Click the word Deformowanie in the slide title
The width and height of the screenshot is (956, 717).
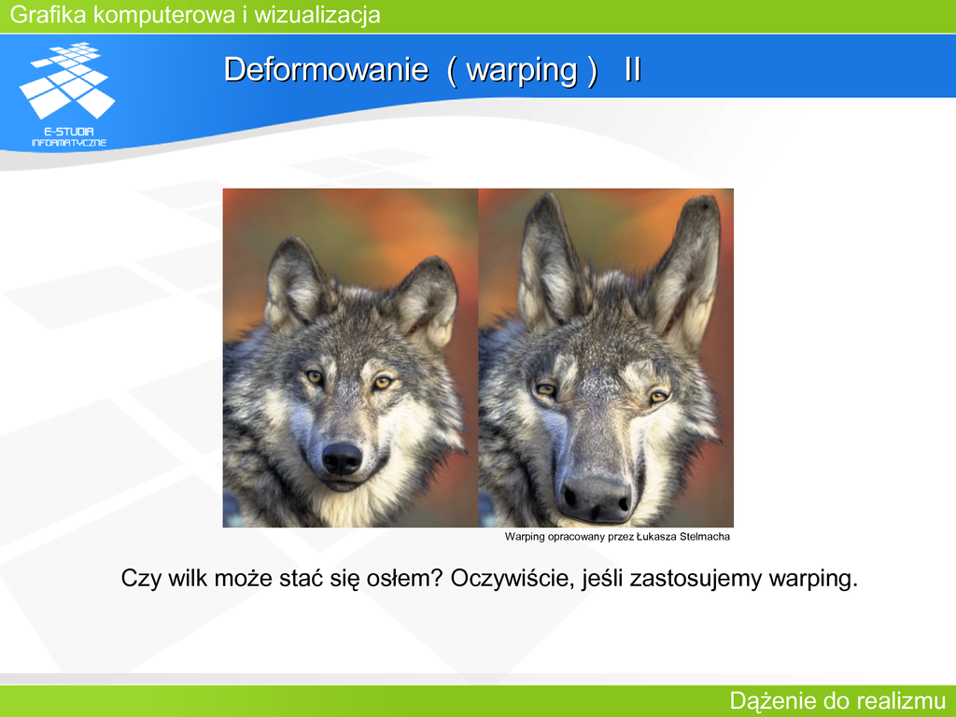click(x=326, y=69)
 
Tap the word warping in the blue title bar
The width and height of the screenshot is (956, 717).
click(x=522, y=71)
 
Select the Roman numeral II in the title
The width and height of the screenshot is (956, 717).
click(x=633, y=69)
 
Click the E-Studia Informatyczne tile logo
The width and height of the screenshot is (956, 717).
click(x=67, y=80)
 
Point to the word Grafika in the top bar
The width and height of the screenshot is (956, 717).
click(x=49, y=15)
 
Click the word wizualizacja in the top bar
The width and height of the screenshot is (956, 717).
click(x=317, y=15)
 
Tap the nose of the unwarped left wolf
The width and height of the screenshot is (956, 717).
click(x=342, y=457)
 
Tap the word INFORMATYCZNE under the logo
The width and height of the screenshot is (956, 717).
click(x=69, y=143)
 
